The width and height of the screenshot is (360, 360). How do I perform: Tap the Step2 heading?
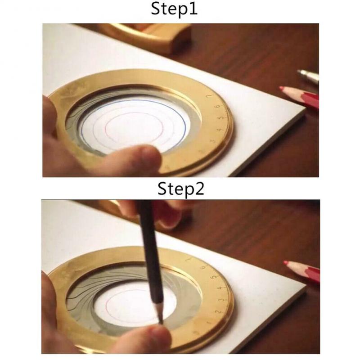pyautogui.click(x=180, y=189)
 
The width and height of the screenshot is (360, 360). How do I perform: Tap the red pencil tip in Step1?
pyautogui.click(x=282, y=89)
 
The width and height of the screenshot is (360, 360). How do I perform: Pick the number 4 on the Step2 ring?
pyautogui.click(x=219, y=288)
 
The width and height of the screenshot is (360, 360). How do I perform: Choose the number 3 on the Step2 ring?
pyautogui.click(x=220, y=299)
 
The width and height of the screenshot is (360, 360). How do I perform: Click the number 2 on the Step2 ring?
pyautogui.click(x=216, y=311)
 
